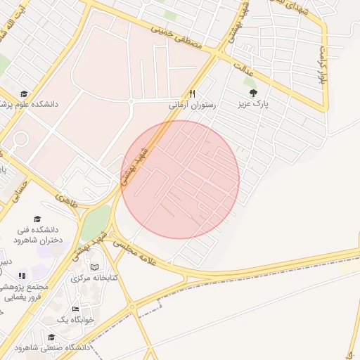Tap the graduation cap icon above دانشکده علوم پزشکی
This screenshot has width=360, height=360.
click(x=24, y=94)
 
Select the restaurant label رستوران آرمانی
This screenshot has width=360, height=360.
click(x=191, y=104)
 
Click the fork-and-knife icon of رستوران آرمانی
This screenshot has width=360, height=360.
click(x=191, y=94)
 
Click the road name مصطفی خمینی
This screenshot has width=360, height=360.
click(x=176, y=39)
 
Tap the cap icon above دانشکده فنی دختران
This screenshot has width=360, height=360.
click(x=37, y=219)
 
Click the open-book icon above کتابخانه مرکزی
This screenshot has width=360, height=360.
click(x=95, y=267)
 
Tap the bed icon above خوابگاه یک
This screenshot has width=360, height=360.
click(x=76, y=309)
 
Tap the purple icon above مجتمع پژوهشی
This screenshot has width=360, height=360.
click(x=22, y=276)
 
